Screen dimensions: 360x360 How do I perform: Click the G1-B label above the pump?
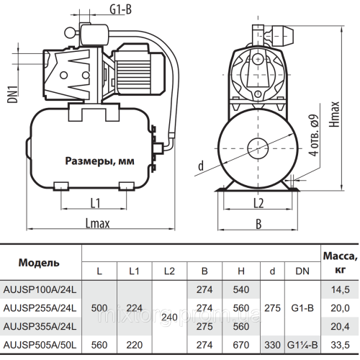pyautogui.click(x=100, y=9)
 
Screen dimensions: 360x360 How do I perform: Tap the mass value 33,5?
pyautogui.click(x=336, y=344)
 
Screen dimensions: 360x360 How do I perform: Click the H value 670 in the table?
pyautogui.click(x=240, y=344)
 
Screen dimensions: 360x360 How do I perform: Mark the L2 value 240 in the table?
pyautogui.click(x=170, y=317)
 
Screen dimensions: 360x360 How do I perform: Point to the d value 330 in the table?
pyautogui.click(x=273, y=344)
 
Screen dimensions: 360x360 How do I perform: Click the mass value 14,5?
pyautogui.click(x=336, y=289)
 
